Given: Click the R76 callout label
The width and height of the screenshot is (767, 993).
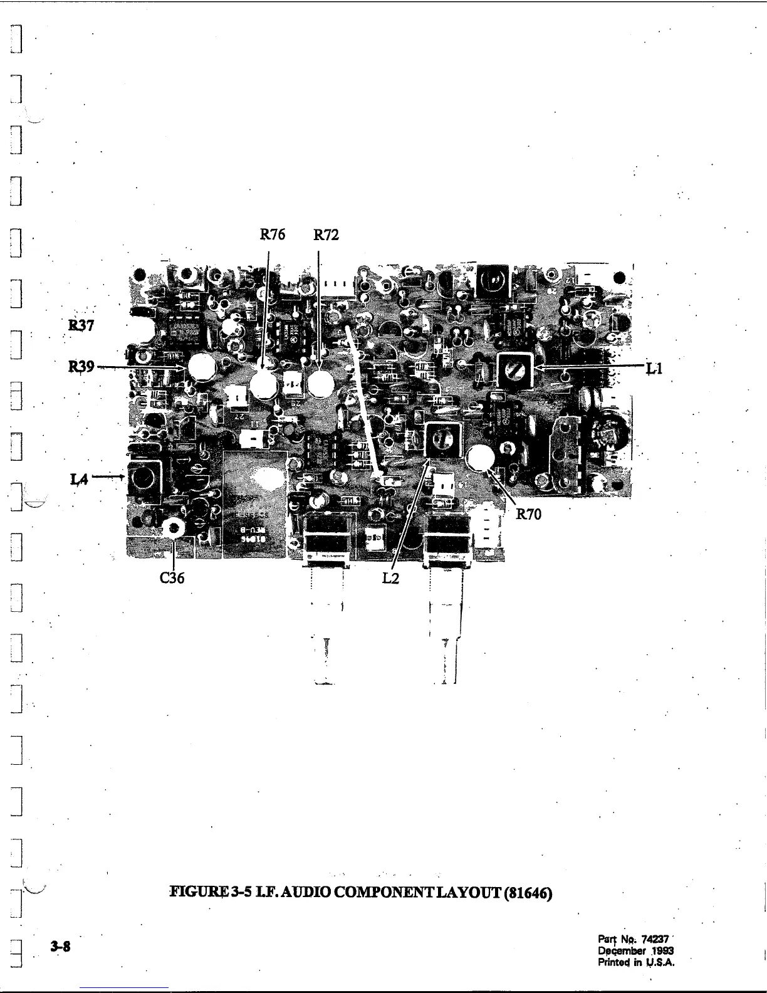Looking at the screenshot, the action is click(273, 235).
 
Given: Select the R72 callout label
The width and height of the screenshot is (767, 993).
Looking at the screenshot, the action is click(326, 235).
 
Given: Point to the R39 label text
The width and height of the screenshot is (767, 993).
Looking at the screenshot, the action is click(81, 367).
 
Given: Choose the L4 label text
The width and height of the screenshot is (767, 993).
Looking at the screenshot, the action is click(78, 480).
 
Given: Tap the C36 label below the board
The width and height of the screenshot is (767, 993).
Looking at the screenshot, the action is click(172, 578).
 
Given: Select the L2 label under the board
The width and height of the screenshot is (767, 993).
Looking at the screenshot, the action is click(390, 578).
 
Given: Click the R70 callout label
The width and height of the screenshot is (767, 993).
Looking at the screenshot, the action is click(528, 515).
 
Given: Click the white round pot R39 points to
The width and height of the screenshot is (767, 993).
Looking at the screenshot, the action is click(202, 368).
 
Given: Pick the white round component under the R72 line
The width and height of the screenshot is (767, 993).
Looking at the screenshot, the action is click(320, 384).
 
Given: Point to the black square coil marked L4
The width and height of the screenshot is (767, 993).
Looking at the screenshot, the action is click(144, 480).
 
